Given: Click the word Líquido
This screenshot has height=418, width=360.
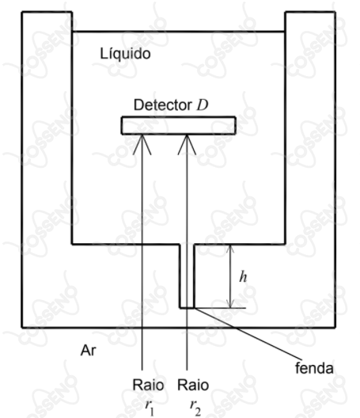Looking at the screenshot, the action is point(125,54).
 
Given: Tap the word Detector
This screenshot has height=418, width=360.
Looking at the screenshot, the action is point(162,105).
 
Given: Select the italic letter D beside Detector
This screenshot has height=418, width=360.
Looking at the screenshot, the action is point(203,105).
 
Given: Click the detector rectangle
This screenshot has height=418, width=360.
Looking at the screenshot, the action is point(179,126).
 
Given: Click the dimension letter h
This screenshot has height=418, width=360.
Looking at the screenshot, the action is point(243,276).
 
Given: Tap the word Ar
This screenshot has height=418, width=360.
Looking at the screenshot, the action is point(88,350).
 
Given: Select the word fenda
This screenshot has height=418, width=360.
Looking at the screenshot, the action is point(314,368).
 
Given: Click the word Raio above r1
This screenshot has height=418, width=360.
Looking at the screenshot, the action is point(148,386).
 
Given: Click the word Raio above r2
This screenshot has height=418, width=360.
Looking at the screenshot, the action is point(193,386).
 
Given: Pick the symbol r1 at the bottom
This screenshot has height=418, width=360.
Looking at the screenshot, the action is point(150,408).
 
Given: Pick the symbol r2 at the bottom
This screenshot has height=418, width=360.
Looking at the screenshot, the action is point(195,408).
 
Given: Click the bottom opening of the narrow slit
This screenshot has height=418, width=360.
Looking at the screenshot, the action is point(187,308).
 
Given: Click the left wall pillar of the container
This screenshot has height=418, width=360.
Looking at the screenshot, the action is point(47,169).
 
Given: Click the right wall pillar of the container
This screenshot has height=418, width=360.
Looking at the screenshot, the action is point(310,169).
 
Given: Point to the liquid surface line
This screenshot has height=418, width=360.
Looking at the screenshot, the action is point(179,32).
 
